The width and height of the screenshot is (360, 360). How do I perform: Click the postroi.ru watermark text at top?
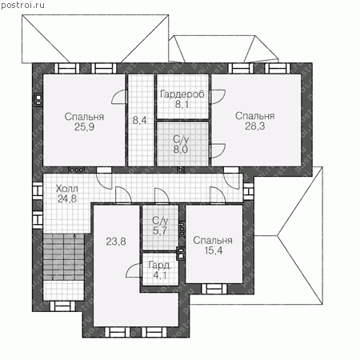[22, 5]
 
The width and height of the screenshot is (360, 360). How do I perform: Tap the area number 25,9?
[84, 127]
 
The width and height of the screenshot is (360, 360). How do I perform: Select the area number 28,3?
[255, 126]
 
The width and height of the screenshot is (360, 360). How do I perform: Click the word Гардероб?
[182, 94]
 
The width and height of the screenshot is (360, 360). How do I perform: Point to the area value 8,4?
[140, 121]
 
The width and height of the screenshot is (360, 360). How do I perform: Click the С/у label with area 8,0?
[181, 139]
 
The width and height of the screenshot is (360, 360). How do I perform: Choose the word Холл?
[67, 189]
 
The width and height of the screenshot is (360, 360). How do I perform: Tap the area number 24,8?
[67, 198]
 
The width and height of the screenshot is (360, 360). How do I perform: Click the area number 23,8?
[116, 242]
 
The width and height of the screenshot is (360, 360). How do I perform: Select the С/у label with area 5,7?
[160, 221]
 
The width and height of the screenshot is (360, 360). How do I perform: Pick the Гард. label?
[160, 265]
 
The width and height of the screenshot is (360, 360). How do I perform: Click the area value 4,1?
[160, 274]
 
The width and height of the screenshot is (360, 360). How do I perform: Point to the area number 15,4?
[214, 250]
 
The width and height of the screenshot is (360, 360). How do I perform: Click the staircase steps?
[64, 257]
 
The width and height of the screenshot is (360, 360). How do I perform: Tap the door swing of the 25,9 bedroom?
[118, 97]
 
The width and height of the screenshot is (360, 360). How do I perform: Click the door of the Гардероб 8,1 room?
[218, 97]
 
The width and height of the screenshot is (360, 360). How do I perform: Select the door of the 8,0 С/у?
[218, 150]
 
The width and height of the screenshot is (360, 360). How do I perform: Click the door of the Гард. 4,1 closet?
[134, 270]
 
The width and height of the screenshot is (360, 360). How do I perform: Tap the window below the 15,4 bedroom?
[214, 289]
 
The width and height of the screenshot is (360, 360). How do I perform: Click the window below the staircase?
[62, 306]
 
